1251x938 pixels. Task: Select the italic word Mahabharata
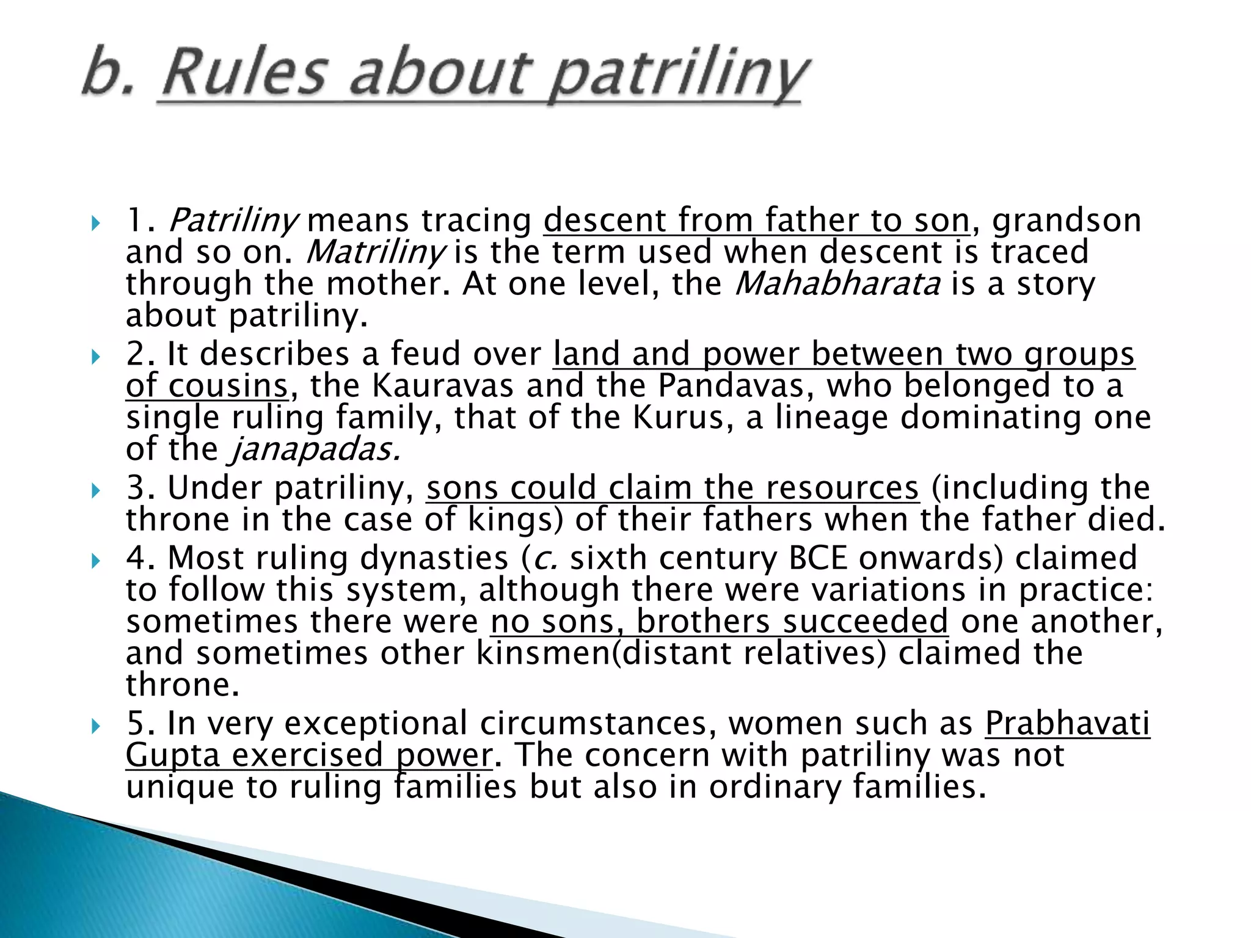pyautogui.click(x=837, y=284)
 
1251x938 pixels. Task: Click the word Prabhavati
pyautogui.click(x=1067, y=724)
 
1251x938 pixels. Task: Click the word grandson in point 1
pyautogui.click(x=1067, y=220)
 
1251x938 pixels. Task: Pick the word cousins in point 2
pyautogui.click(x=227, y=386)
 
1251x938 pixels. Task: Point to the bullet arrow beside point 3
pyautogui.click(x=95, y=490)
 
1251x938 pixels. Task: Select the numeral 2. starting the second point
pyautogui.click(x=140, y=354)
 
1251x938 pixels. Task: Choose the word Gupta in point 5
pyautogui.click(x=172, y=755)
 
